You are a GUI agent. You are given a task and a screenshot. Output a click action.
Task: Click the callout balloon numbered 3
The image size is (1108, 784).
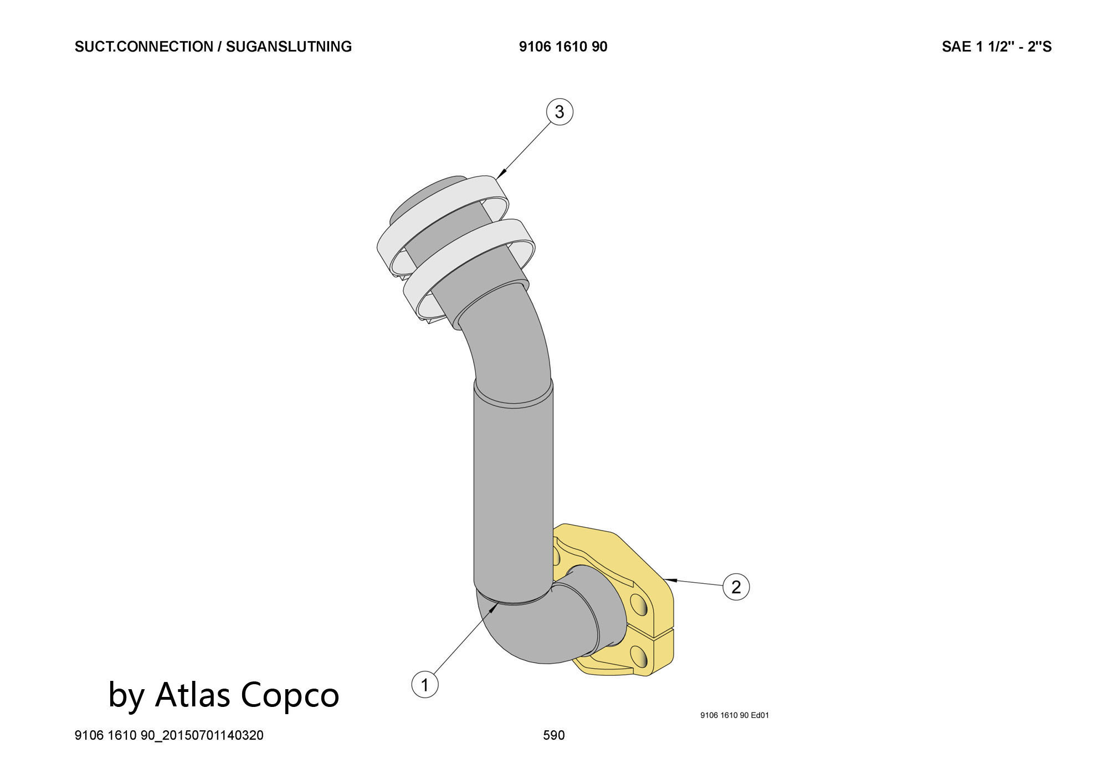tap(559, 112)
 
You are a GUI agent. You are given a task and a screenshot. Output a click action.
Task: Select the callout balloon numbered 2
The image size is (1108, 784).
tap(736, 587)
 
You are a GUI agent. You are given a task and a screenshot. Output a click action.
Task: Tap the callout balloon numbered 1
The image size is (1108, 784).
tap(425, 685)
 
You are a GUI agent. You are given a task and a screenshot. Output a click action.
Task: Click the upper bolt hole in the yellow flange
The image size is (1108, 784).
tap(638, 605)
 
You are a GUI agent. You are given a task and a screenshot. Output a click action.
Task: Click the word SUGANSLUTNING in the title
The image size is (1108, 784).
tap(289, 47)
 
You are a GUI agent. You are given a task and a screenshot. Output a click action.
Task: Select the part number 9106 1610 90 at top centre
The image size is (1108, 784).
tap(563, 47)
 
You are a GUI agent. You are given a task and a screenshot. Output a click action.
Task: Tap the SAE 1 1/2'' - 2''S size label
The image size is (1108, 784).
tap(996, 47)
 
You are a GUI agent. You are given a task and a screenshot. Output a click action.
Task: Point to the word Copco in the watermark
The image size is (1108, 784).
tap(290, 694)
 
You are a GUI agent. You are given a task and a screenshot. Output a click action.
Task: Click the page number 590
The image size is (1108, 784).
tap(553, 735)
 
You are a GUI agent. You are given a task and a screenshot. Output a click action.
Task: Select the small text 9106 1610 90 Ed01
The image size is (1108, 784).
tap(734, 715)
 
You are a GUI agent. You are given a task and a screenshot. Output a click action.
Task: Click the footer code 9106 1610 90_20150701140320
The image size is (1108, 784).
tap(169, 735)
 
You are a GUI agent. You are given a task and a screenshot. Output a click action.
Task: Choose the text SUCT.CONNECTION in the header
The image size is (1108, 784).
tap(143, 47)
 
